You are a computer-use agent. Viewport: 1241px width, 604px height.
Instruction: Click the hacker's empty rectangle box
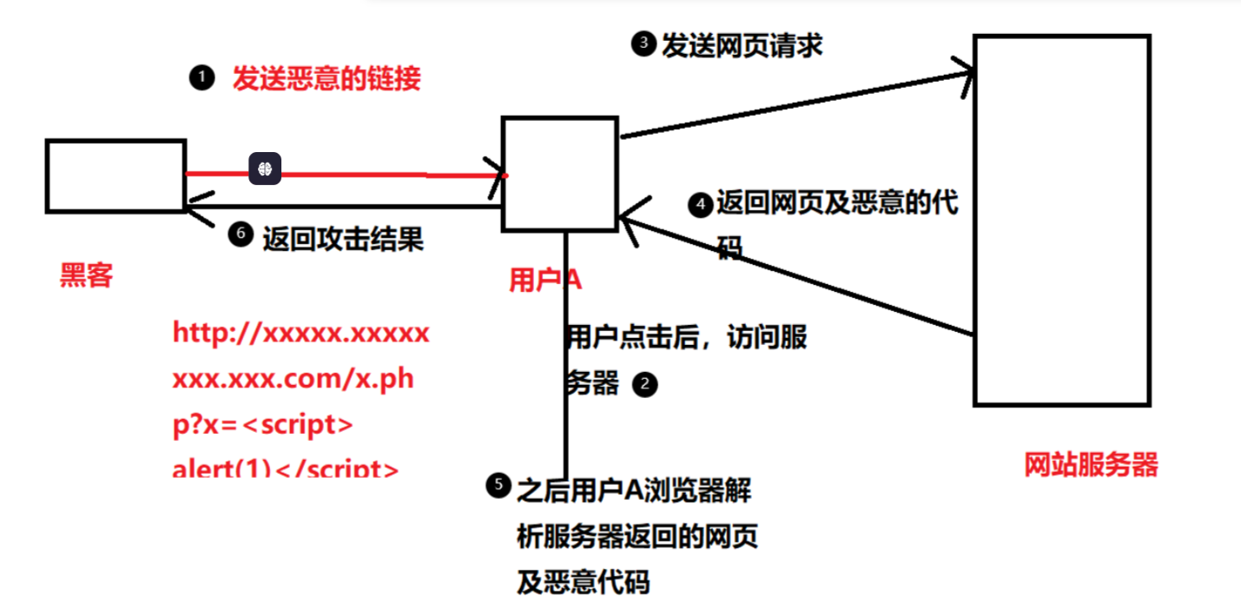[x=116, y=176]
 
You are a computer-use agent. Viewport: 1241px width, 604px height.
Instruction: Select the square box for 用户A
[x=559, y=174]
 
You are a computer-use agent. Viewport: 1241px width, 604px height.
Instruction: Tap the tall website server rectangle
[x=1061, y=220]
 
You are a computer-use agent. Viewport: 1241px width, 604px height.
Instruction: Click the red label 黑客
[x=86, y=275]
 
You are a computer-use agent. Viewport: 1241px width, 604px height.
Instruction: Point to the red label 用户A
[x=545, y=280]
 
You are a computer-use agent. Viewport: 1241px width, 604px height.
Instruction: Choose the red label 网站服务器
[x=1091, y=465]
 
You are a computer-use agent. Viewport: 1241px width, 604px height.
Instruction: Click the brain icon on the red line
[x=265, y=168]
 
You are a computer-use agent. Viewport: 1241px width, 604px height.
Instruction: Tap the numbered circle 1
[x=201, y=79]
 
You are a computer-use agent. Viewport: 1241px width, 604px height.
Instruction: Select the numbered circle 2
[x=645, y=384]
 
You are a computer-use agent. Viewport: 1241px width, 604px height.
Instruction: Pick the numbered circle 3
[x=643, y=44]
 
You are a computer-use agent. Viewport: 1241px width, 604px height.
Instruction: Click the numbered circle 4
[x=699, y=205]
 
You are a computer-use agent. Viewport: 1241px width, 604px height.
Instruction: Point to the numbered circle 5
[x=498, y=487]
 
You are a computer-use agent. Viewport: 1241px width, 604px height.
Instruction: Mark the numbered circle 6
[x=241, y=235]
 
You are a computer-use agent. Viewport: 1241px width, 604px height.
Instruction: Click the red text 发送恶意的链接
[x=326, y=79]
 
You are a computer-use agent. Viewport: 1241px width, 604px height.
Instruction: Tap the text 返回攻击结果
[x=342, y=238]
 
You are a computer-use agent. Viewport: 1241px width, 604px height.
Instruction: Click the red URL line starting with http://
[x=300, y=334]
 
